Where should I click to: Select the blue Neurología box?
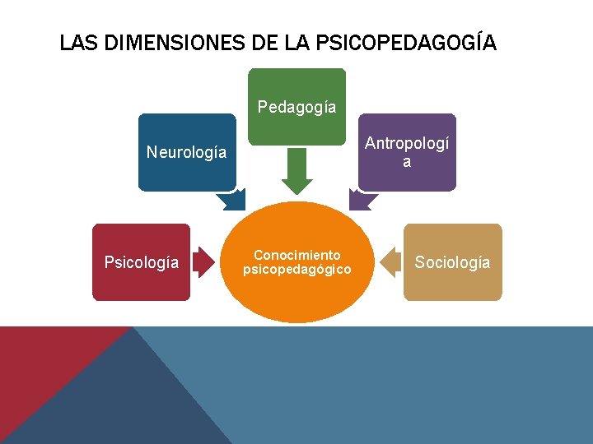pyautogui.click(x=187, y=152)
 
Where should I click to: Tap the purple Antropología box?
pyautogui.click(x=407, y=152)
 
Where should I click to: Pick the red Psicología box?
pyautogui.click(x=141, y=262)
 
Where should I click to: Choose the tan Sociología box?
pyautogui.click(x=452, y=262)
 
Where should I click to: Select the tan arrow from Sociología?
pyautogui.click(x=390, y=262)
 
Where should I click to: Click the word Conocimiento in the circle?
pyautogui.click(x=296, y=255)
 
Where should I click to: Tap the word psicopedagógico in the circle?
pyautogui.click(x=296, y=269)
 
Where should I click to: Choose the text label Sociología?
pyautogui.click(x=452, y=262)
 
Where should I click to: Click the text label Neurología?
pyautogui.click(x=186, y=152)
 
